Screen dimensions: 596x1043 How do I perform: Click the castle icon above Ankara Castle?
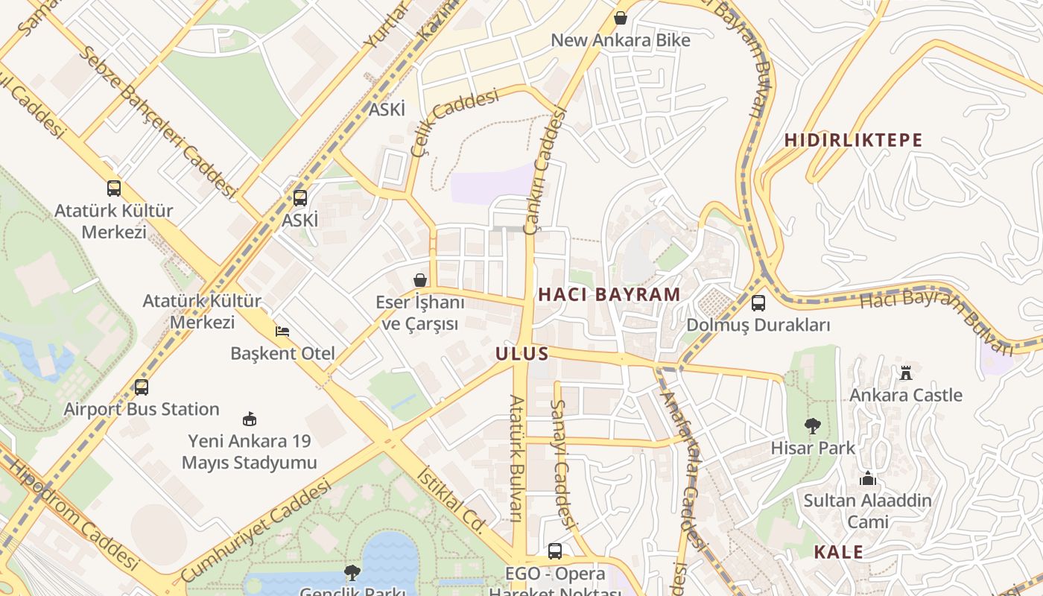(906, 372)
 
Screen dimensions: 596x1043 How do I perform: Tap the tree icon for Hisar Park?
(812, 426)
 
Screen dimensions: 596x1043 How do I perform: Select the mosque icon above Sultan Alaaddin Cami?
(867, 478)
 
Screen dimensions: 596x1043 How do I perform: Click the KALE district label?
(838, 552)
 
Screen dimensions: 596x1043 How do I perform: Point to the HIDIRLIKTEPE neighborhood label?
(853, 140)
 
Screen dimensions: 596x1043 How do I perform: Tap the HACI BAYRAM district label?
(609, 294)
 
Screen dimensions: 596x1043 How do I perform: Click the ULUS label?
(522, 354)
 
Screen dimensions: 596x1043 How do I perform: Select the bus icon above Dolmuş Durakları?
(758, 303)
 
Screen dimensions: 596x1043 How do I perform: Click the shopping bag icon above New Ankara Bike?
(620, 17)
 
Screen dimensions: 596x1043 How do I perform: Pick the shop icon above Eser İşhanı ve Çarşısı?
(420, 280)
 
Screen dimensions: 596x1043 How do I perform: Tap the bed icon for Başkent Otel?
(282, 331)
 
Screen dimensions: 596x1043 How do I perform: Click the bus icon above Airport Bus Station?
(141, 387)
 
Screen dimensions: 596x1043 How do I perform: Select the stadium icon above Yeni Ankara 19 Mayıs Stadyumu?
(250, 419)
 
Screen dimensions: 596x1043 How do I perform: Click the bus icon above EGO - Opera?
(554, 551)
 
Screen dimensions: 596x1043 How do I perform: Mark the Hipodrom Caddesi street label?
(71, 514)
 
